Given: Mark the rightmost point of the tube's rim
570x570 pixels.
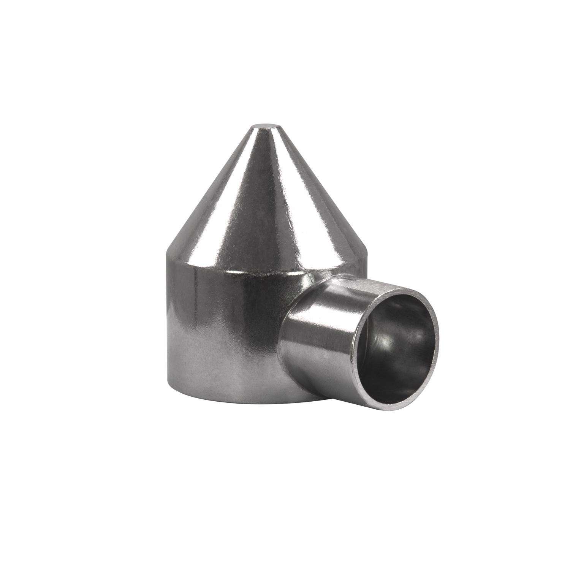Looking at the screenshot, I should tap(438, 327).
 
